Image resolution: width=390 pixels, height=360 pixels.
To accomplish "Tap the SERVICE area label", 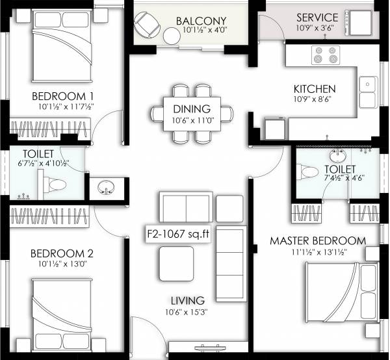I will pyautogui.click(x=317, y=18).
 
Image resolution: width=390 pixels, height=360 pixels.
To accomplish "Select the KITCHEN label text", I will pyautogui.click(x=314, y=88).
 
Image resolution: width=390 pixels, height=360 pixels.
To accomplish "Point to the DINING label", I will pyautogui.click(x=192, y=109).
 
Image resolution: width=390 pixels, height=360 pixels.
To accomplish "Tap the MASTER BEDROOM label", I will pyautogui.click(x=318, y=241).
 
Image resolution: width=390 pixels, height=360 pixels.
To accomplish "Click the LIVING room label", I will pyautogui.click(x=188, y=301).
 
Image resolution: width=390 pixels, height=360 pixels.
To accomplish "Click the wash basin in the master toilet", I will pyautogui.click(x=337, y=157).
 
